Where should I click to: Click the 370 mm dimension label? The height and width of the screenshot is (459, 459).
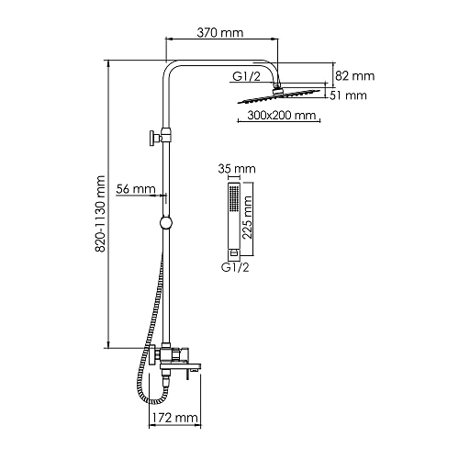coord(220,32)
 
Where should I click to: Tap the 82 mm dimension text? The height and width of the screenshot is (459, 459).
coord(354,76)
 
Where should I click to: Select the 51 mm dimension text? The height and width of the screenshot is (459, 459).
coord(348,95)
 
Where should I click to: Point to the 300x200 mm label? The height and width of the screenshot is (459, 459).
coord(281,116)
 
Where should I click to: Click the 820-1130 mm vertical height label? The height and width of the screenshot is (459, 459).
coord(100,214)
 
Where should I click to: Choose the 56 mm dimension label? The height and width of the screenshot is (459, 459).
coord(136,189)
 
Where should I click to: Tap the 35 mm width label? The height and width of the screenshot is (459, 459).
coord(237,169)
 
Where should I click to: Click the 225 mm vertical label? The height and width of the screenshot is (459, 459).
coord(247,218)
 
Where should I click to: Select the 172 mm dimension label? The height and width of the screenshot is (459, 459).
coord(175,418)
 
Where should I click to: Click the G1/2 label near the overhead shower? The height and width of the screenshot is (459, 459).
coord(246,76)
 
